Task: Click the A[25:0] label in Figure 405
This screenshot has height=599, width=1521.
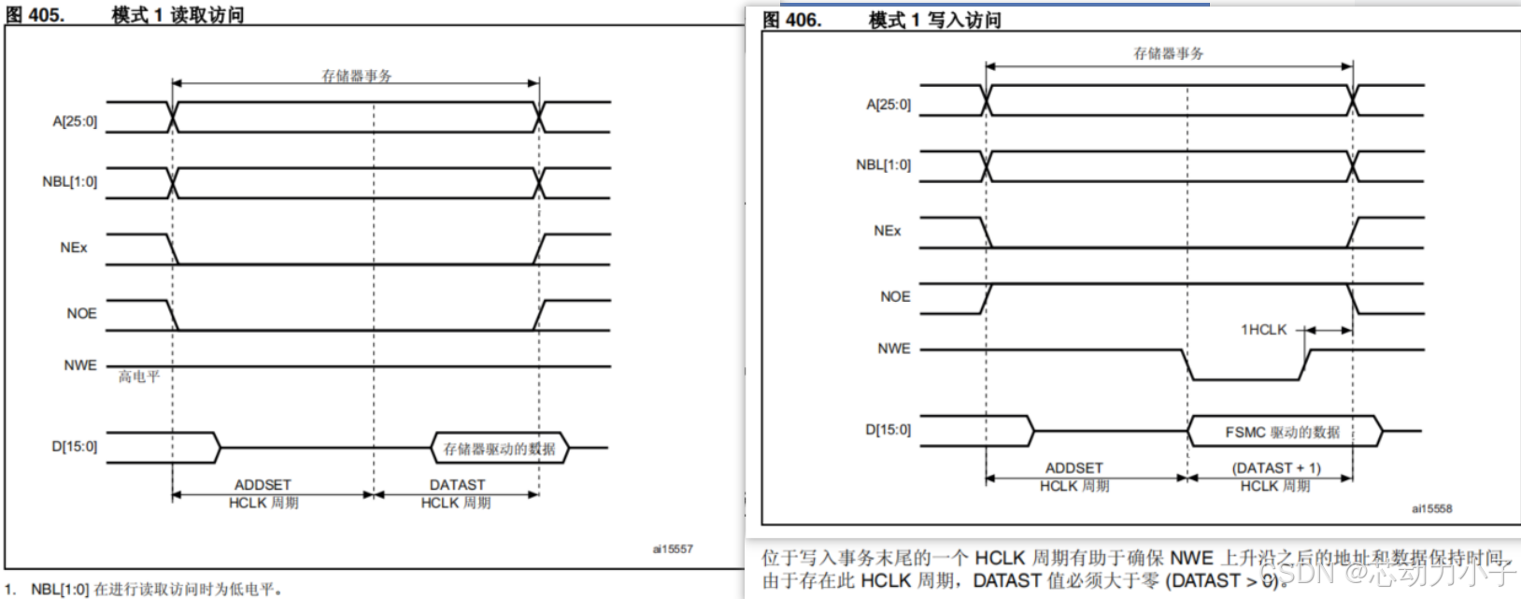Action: click(75, 121)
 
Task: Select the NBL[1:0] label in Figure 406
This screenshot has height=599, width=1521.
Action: click(883, 165)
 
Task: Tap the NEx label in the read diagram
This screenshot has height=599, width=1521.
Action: click(74, 248)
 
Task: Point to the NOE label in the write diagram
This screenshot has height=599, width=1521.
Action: click(895, 297)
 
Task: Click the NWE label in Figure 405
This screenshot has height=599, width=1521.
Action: click(80, 365)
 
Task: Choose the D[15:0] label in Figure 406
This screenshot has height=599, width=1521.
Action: click(888, 430)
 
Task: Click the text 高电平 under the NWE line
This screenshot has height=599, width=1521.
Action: click(139, 378)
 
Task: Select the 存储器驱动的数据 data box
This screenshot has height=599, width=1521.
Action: click(500, 449)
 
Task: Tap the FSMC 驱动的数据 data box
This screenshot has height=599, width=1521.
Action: click(1283, 432)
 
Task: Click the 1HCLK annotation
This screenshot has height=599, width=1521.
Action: click(1263, 330)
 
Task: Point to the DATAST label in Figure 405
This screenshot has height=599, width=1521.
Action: click(457, 485)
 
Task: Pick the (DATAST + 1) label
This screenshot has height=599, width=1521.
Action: click(1276, 468)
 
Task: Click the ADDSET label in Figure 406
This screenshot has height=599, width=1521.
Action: click(1074, 468)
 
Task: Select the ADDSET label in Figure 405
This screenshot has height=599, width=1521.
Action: click(263, 485)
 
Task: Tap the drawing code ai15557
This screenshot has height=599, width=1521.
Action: click(673, 549)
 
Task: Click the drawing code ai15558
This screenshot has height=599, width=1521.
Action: click(1431, 509)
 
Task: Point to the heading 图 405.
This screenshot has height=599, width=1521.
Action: click(35, 15)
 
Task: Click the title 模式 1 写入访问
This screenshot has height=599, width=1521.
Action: click(934, 21)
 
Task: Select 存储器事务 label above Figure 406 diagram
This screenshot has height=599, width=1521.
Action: click(1169, 54)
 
